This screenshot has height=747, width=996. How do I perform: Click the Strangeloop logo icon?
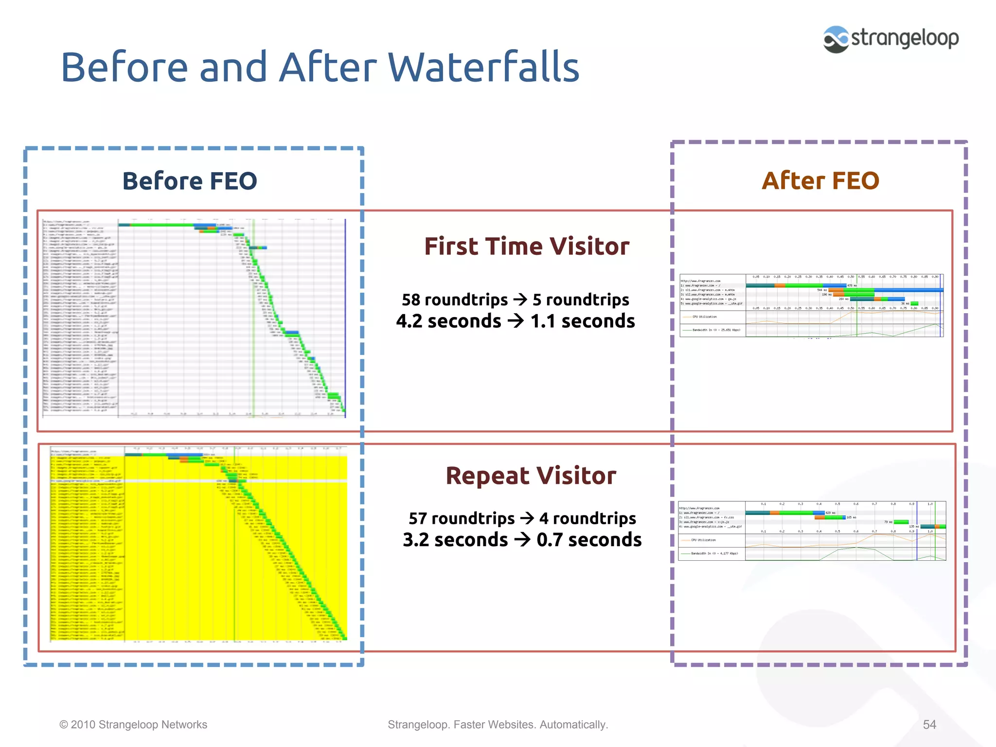point(836,39)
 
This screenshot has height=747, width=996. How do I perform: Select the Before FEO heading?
point(190,181)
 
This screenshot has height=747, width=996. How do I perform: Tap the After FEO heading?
point(820,181)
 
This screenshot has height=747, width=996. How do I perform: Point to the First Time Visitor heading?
point(527,246)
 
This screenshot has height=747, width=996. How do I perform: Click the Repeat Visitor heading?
point(531,476)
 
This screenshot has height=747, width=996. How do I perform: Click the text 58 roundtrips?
point(454,300)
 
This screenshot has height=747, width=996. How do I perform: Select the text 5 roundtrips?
point(581,300)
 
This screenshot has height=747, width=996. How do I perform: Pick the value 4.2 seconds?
point(448,321)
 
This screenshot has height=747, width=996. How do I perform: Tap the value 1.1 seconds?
point(583,321)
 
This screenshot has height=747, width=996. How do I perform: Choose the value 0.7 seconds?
point(589,540)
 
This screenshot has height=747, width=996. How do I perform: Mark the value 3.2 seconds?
point(455,540)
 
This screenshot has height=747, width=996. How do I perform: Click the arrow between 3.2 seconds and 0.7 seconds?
point(522,540)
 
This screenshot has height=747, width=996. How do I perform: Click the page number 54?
point(929,725)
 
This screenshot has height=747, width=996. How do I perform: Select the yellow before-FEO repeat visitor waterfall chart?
point(198,543)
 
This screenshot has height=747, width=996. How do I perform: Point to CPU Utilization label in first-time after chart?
point(705,317)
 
